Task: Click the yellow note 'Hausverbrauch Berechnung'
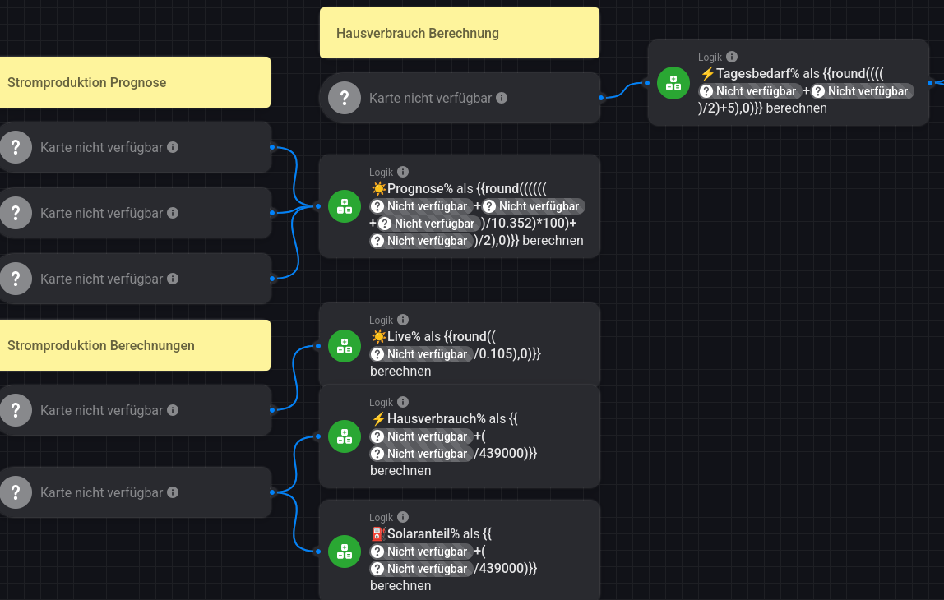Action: point(459,34)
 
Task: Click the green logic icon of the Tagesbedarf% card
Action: point(673,82)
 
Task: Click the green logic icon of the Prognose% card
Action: point(345,205)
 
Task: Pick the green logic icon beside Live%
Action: point(345,345)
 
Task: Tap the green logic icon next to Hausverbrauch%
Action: point(345,436)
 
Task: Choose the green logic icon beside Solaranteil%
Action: point(345,551)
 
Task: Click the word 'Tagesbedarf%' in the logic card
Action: point(757,74)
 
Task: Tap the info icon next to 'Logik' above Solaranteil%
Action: point(403,517)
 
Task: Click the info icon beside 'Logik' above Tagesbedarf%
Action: point(732,57)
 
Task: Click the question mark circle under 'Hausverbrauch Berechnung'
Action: point(345,98)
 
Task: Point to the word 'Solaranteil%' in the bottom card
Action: point(423,534)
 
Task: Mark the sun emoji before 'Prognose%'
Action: point(378,189)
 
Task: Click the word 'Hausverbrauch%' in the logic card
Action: point(431,419)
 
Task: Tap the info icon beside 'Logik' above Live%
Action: point(403,320)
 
